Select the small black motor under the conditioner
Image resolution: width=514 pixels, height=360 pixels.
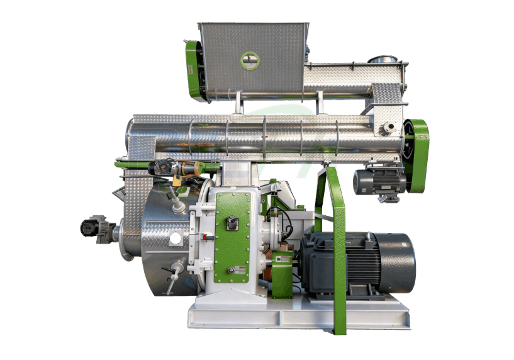(x=379, y=183)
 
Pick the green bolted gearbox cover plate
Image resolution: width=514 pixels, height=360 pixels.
(x=233, y=237)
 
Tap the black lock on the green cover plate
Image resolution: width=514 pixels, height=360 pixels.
(x=232, y=223)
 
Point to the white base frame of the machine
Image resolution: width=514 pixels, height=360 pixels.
(x=296, y=315)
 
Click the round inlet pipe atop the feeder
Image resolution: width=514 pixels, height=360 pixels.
(x=379, y=60)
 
